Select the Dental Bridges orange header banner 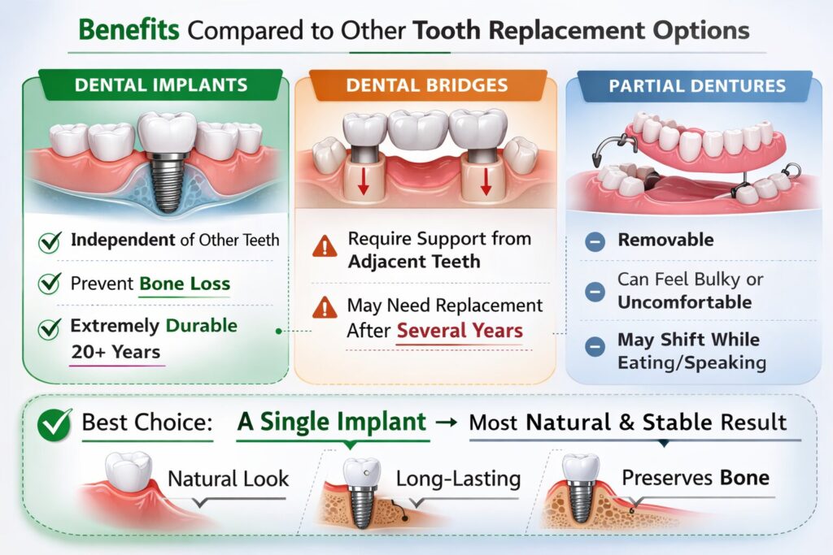(426, 85)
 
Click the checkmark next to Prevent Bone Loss (50, 284)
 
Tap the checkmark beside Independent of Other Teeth (50, 241)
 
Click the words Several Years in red (460, 332)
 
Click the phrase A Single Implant (332, 422)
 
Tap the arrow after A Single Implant (448, 423)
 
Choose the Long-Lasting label (458, 478)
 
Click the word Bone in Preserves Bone (745, 477)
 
